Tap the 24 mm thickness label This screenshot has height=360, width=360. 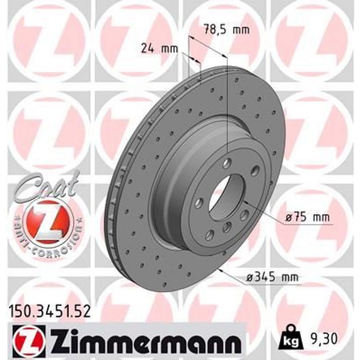click(159, 49)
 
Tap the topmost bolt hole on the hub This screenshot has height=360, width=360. click(227, 164)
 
